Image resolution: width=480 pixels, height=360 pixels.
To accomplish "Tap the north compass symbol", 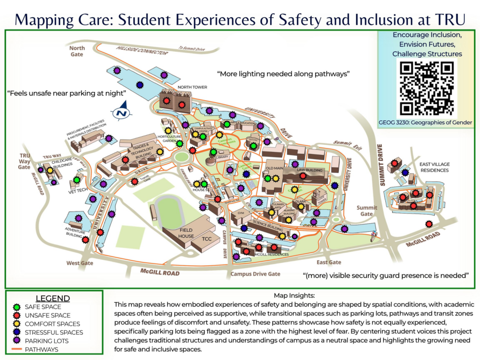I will pos(121,112).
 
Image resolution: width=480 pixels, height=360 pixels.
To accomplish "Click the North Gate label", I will pos(77,51).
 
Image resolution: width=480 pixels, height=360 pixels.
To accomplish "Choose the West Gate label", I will pos(80,263).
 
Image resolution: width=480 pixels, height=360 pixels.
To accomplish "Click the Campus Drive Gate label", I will pos(255,274).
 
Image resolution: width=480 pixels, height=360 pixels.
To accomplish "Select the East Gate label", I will pos(329,262).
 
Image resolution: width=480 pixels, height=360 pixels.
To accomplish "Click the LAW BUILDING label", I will pos(309,170).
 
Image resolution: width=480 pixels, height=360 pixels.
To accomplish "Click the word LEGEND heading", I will pos(53,298).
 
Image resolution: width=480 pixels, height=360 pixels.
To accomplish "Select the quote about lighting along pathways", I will pos(283,74).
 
